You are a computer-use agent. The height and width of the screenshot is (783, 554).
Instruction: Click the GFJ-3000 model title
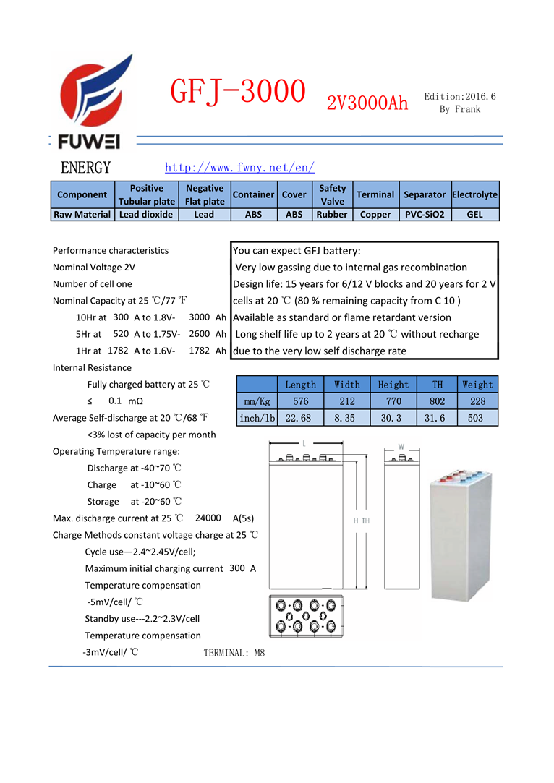click(237, 93)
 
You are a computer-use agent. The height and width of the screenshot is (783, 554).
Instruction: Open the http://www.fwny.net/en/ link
click(239, 168)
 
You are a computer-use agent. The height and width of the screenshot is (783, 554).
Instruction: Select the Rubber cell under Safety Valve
click(332, 214)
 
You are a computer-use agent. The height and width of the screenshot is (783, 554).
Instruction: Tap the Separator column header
click(424, 194)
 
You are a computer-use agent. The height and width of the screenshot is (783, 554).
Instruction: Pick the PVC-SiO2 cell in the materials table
click(424, 214)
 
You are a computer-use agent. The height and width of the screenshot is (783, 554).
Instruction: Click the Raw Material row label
click(82, 214)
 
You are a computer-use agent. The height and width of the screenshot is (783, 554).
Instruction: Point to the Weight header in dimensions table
click(477, 385)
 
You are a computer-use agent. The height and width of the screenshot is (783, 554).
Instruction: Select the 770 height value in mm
click(393, 401)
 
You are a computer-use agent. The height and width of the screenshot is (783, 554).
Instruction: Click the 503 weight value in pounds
click(475, 418)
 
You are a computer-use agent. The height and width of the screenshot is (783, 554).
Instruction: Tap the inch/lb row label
click(257, 418)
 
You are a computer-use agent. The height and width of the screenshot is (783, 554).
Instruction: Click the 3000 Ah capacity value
click(199, 317)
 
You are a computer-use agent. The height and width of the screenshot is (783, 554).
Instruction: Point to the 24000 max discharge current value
click(208, 518)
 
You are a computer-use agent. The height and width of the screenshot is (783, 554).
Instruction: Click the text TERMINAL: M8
click(234, 653)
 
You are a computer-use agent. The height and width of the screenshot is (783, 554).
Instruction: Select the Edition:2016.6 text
click(460, 96)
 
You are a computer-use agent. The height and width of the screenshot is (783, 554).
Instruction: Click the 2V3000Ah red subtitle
click(367, 103)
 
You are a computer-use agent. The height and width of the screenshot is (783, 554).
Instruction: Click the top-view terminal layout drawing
click(304, 615)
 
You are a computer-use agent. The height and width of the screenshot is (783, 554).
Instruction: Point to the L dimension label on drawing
click(304, 442)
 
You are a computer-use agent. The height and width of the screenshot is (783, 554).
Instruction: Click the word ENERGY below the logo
click(86, 168)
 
